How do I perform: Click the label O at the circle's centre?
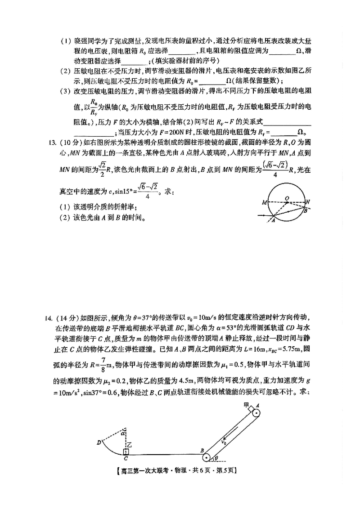[287, 197]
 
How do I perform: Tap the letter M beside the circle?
[265, 203]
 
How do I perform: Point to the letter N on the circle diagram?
[308, 202]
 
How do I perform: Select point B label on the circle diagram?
[305, 210]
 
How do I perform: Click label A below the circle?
[273, 220]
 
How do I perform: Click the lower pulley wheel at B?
[207, 457]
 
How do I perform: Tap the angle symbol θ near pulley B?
[216, 458]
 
